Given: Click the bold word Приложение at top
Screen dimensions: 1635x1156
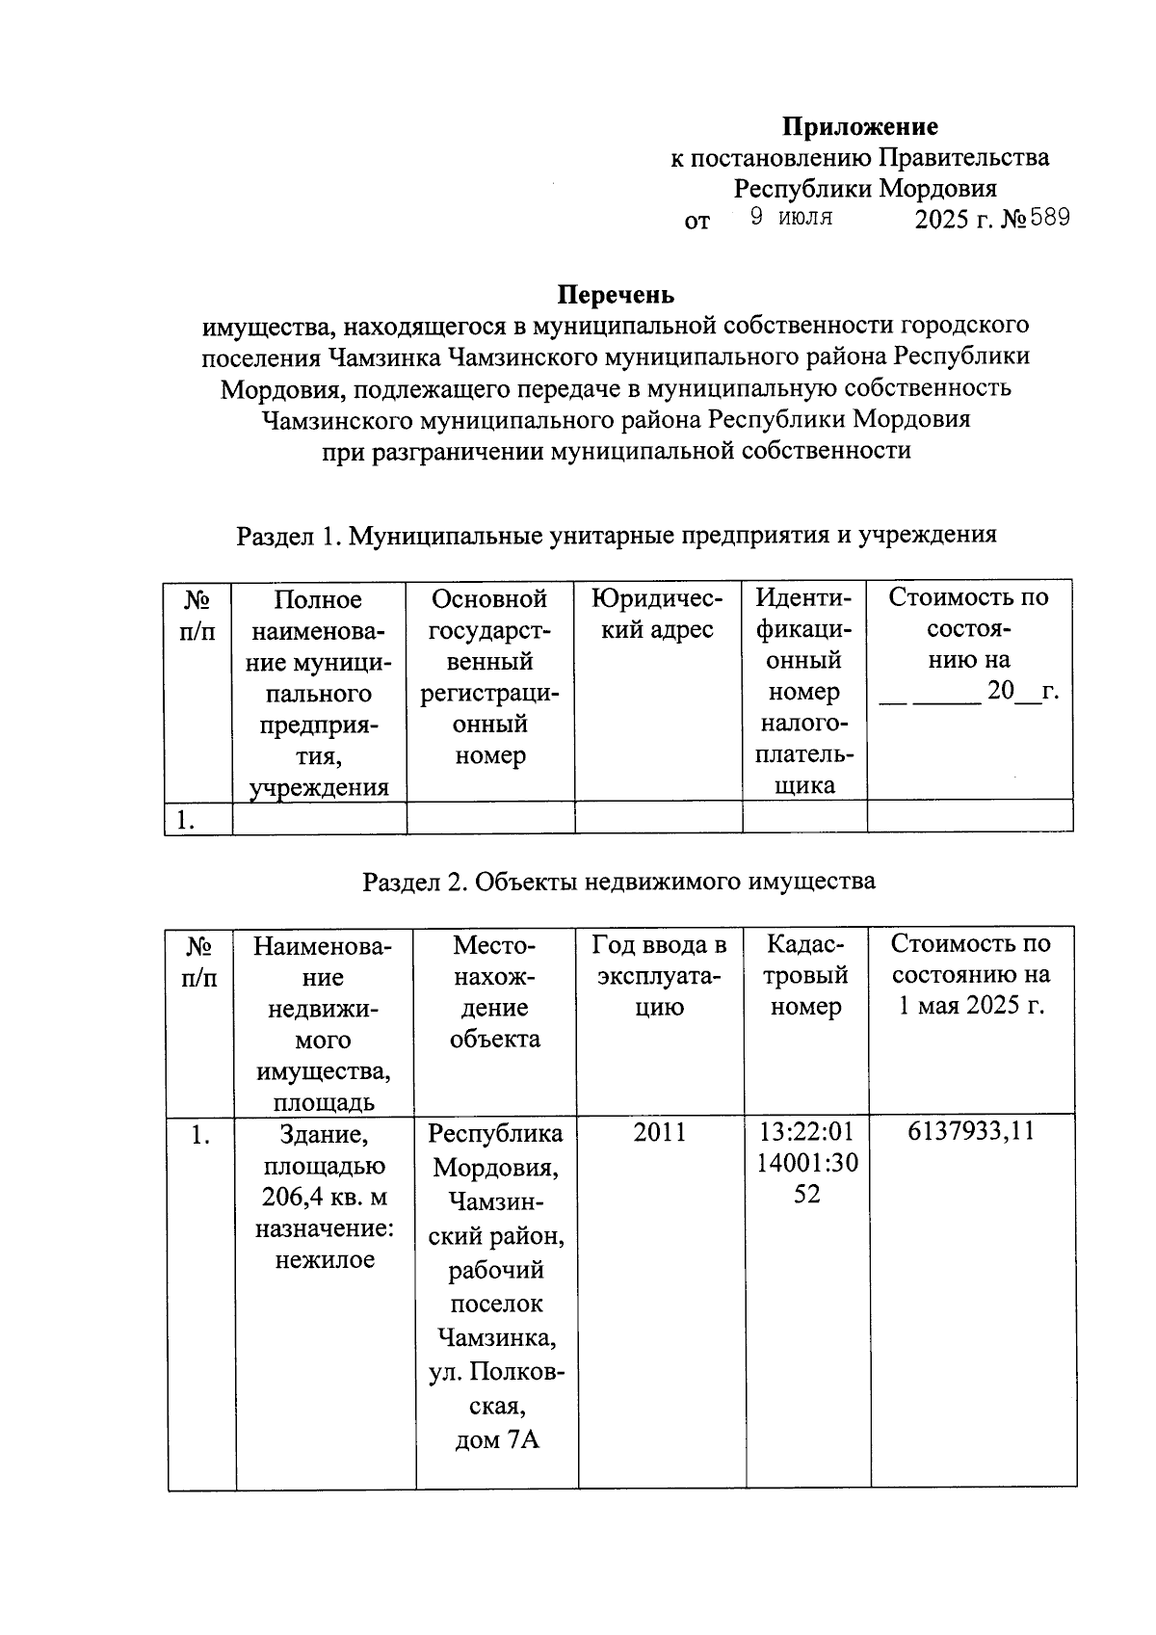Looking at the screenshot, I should (859, 127).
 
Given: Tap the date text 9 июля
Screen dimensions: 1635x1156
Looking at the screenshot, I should (791, 218).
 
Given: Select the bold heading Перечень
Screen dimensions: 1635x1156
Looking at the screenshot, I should (617, 295).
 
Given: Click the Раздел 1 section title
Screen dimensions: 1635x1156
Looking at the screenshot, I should (617, 535).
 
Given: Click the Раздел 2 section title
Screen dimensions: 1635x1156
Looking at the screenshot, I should (618, 881).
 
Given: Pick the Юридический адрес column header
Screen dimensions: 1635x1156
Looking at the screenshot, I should (658, 615).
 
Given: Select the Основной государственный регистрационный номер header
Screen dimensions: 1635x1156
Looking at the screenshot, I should (489, 677).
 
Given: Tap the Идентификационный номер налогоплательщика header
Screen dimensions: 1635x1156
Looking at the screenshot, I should (804, 692).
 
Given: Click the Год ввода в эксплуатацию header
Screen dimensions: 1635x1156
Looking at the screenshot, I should (660, 975).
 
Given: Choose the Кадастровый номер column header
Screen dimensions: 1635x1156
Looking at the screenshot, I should (806, 975).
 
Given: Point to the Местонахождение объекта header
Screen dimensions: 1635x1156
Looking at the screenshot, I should (495, 991).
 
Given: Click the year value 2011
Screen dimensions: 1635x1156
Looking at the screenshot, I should (660, 1132).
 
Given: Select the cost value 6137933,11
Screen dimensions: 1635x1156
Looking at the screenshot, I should (971, 1131).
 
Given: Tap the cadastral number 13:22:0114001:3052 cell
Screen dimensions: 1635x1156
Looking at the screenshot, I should (806, 1163).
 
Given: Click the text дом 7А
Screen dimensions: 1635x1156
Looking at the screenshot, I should (495, 1440).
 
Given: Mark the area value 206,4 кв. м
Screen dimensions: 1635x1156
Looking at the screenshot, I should (324, 1198).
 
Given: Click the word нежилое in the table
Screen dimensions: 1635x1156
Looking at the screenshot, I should (325, 1260).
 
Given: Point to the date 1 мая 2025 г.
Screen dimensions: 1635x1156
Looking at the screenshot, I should (971, 1006).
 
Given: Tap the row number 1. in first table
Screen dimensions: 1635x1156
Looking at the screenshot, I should (186, 820).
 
